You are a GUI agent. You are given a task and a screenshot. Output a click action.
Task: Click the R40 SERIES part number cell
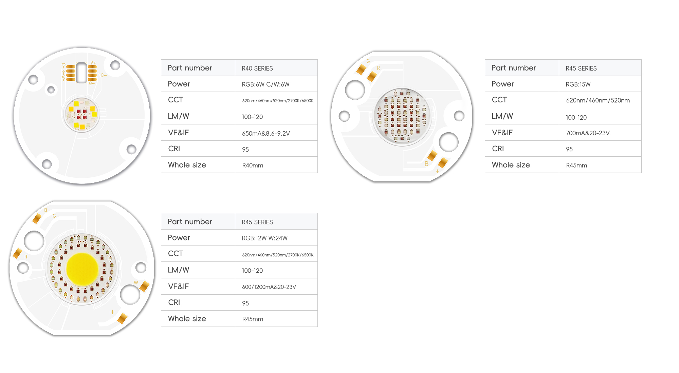pos(257,68)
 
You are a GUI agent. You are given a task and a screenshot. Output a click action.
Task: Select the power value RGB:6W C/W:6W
pos(265,84)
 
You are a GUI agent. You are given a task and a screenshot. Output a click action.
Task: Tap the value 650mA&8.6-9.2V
pos(266,133)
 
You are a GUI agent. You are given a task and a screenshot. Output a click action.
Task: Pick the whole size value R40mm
pos(253,165)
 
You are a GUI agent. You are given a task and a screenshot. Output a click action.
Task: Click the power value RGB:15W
pos(578,84)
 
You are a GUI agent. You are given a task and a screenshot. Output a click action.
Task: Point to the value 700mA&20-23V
pos(588,133)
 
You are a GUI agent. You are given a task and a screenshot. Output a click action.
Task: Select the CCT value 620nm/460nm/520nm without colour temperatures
pos(598,100)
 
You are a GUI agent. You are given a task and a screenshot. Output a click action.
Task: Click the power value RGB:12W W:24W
pos(265,238)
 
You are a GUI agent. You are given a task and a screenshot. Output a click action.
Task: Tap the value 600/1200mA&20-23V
pos(269,287)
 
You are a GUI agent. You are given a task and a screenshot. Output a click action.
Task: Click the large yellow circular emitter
pos(82,269)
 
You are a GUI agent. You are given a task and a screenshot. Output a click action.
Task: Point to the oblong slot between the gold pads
pos(81,73)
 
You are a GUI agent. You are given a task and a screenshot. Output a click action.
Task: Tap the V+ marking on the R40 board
pos(93,63)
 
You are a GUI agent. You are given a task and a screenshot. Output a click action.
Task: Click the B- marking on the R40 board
pos(104,75)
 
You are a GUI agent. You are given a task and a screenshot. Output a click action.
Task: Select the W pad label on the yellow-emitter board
pos(136,282)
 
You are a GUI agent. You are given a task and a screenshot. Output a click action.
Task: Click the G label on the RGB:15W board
pos(368,61)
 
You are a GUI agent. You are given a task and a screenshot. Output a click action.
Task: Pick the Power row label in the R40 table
pos(179,84)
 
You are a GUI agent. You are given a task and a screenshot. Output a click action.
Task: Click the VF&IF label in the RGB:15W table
pos(502,133)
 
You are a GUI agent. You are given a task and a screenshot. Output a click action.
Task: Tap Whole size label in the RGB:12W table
pos(187,318)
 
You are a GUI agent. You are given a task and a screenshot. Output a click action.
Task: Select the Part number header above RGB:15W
pos(514,68)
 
